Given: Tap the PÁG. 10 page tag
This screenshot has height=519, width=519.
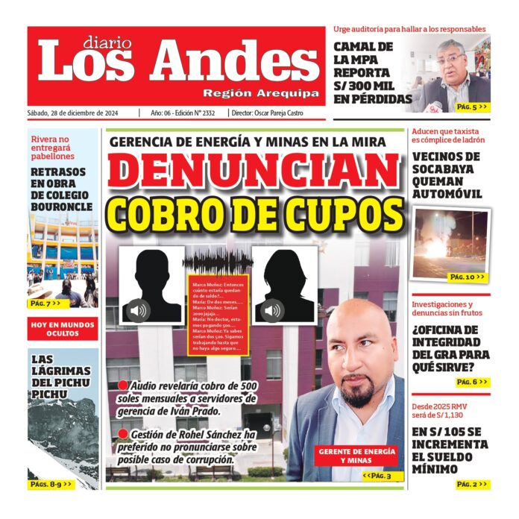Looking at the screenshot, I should [x=468, y=277].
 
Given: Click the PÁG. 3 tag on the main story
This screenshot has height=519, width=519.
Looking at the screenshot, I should [x=377, y=475].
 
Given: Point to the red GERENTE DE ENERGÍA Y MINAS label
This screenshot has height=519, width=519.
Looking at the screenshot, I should [x=357, y=456].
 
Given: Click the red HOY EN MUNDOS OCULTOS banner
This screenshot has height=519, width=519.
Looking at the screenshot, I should [x=63, y=329].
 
